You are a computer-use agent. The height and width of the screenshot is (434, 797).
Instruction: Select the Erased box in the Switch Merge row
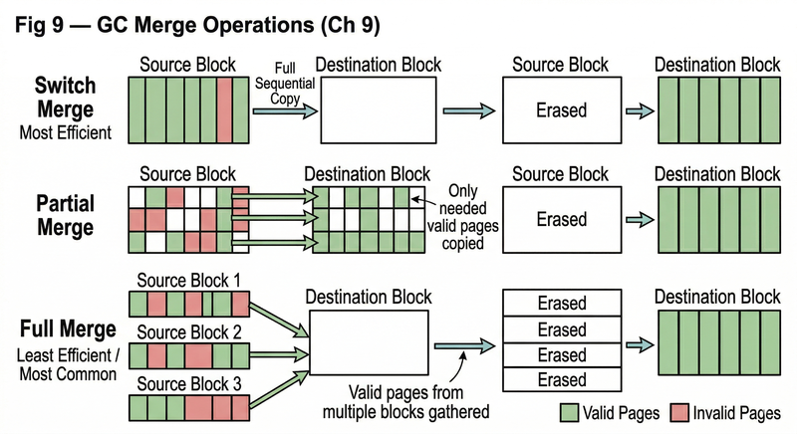[x=561, y=109]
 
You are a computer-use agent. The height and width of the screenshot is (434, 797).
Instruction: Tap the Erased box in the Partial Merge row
[x=561, y=218]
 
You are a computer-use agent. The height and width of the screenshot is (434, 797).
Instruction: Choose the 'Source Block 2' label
[x=188, y=331]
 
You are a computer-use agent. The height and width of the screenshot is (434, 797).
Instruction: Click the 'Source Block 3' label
[x=188, y=383]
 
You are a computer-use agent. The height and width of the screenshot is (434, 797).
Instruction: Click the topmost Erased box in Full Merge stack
[x=561, y=303]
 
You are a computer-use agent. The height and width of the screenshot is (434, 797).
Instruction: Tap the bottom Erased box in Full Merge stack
[x=561, y=379]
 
